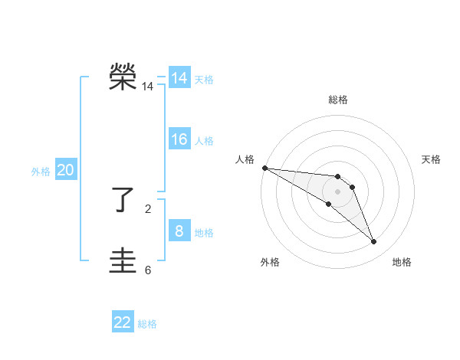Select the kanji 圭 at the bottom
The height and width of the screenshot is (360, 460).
tap(123, 261)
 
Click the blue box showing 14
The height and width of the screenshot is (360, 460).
tap(179, 78)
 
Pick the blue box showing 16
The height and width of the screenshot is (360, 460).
tap(179, 139)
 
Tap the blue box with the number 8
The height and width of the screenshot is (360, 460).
tap(179, 231)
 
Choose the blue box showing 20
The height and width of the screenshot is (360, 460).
tap(65, 170)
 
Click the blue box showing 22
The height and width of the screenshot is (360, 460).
tap(123, 322)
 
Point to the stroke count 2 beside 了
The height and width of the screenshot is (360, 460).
tap(148, 208)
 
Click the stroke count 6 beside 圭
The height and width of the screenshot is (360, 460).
tap(148, 270)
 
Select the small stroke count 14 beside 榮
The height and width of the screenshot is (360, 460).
tap(147, 87)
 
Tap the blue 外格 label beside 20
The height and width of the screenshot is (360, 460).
tap(41, 172)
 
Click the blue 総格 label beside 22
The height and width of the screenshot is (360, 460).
tap(147, 324)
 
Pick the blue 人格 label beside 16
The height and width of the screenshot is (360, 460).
tap(204, 141)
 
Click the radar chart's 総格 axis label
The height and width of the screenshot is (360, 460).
tap(338, 100)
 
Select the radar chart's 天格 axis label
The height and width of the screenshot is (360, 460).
tap(431, 159)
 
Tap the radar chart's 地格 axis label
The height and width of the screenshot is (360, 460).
tap(402, 262)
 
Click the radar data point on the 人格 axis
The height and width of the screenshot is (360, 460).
tap(264, 168)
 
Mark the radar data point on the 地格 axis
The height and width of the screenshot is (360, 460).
tap(374, 242)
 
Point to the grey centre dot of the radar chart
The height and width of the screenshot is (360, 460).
tap(338, 191)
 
